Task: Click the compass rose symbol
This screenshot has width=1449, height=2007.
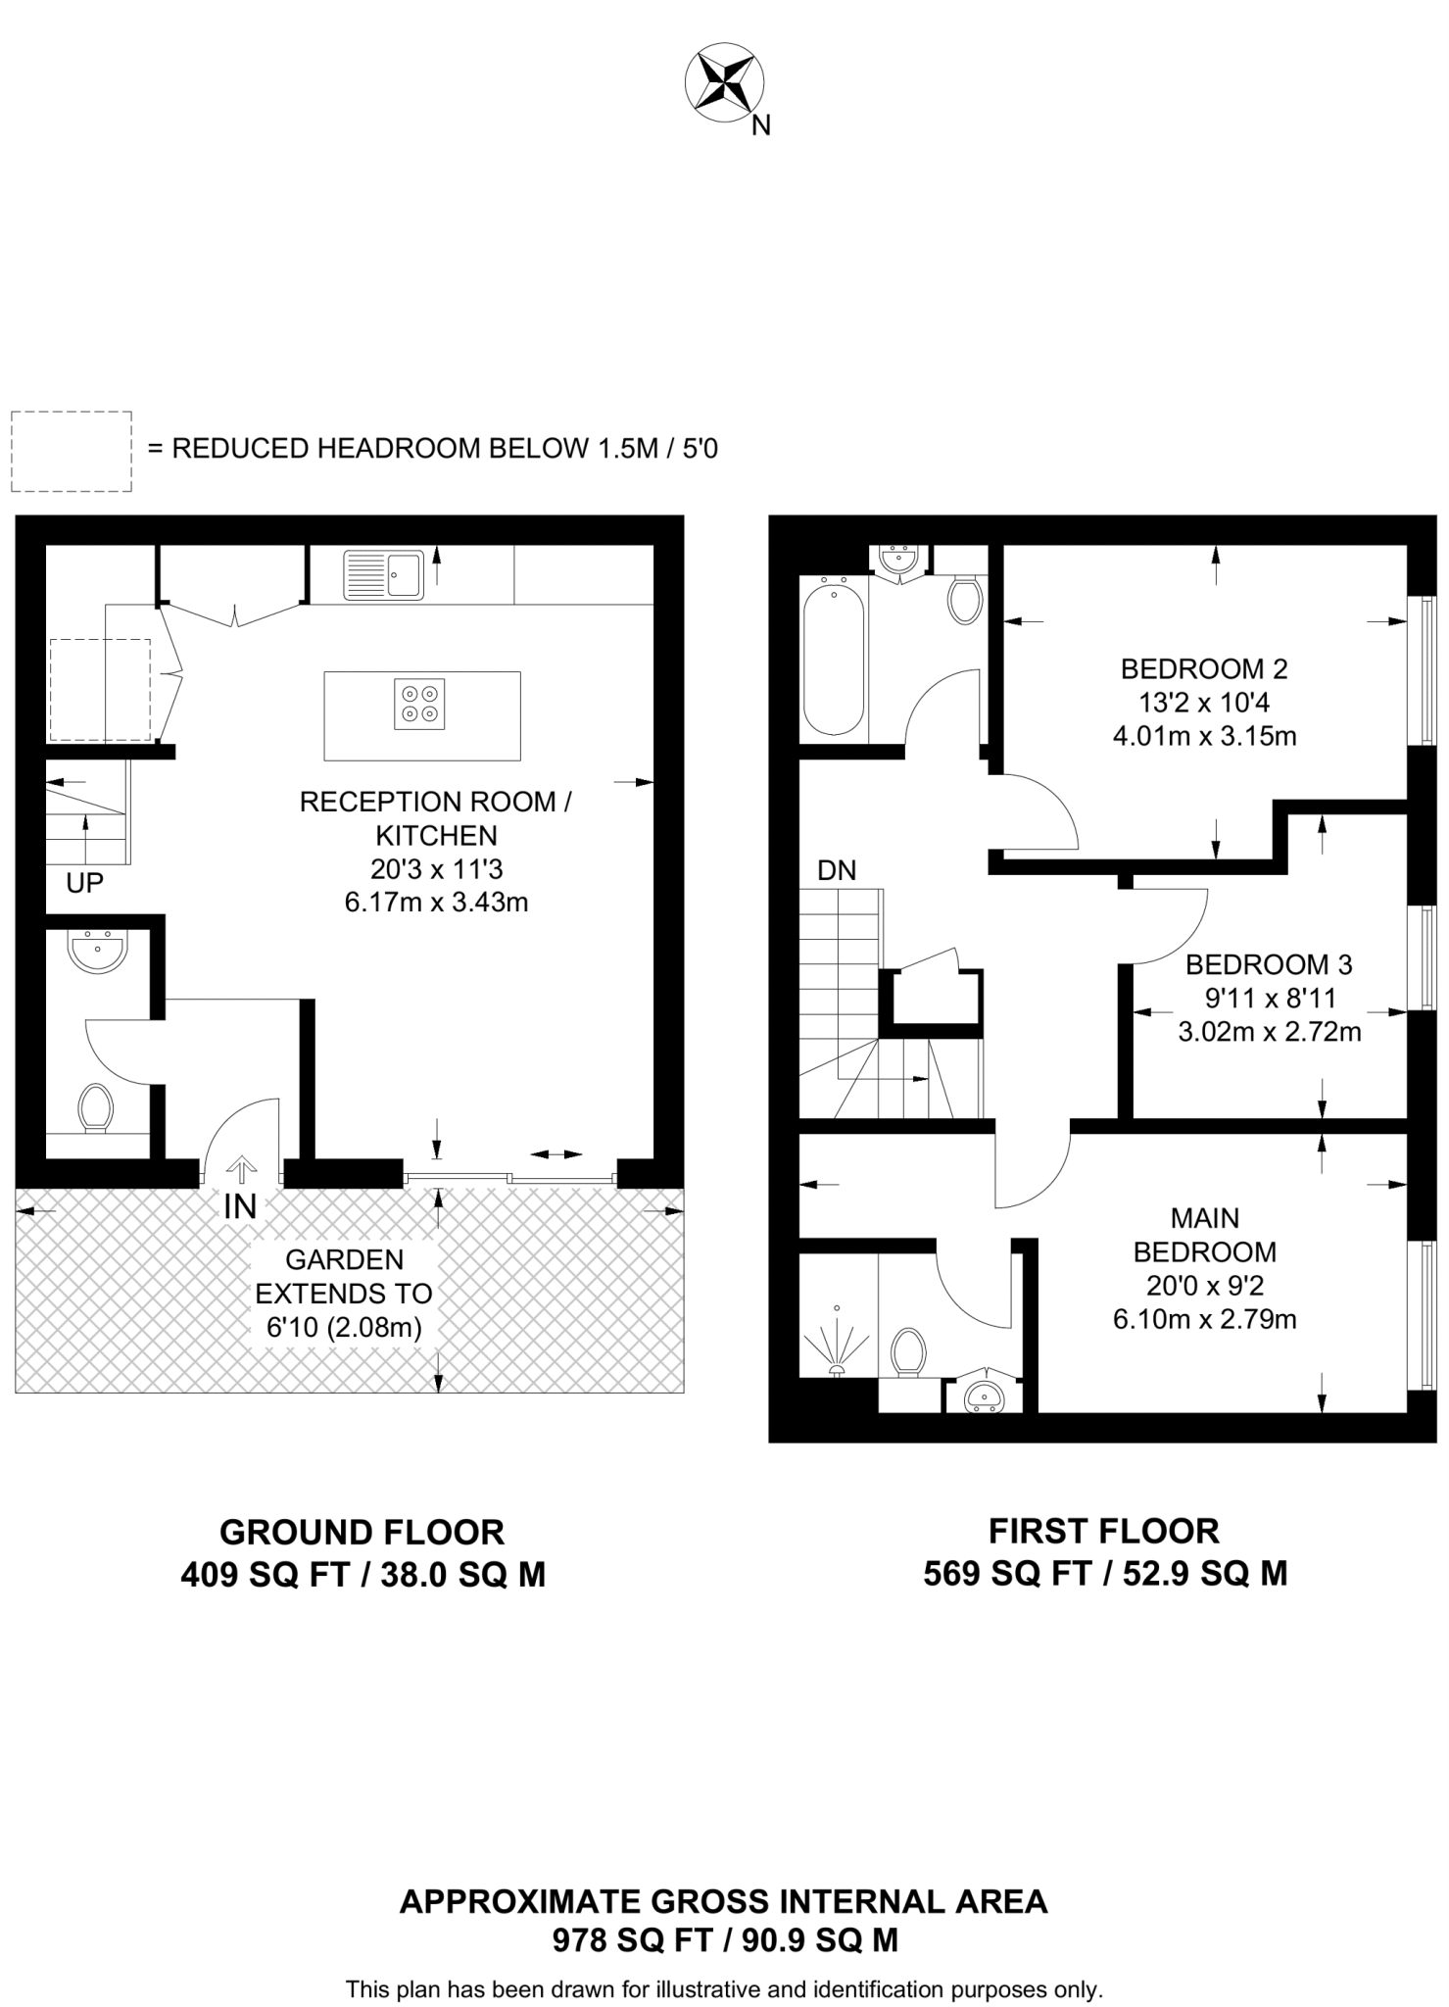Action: point(726,82)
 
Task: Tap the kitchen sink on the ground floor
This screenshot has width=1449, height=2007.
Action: point(384,574)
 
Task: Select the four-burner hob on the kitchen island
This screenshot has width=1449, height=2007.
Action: point(419,704)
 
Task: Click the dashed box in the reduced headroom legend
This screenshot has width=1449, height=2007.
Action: point(72,452)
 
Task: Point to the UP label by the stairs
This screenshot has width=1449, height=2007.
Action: point(84,883)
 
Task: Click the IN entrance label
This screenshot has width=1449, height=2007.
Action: point(240,1207)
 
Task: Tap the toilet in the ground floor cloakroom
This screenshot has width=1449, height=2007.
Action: point(95,1107)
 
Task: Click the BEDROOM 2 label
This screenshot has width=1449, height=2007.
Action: point(1204,669)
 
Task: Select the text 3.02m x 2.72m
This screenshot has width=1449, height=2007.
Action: point(1269,1031)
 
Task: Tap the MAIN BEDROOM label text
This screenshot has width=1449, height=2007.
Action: point(1204,1235)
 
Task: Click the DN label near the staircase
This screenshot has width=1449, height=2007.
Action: point(837,870)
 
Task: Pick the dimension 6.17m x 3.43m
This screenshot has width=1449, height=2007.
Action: point(436,902)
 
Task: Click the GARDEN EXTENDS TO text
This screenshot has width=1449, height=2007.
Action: point(344,1276)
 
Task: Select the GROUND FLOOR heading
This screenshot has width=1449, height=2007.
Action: point(362,1531)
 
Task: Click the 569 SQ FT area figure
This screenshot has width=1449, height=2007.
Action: point(1007,1573)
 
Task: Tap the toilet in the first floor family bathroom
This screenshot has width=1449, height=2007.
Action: point(965,599)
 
